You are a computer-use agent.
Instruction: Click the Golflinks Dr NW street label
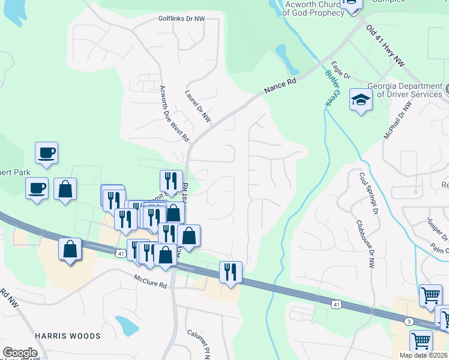coord(181,19)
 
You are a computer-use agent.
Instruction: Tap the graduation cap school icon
coord(361,100)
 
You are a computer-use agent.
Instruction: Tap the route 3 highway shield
coord(409,322)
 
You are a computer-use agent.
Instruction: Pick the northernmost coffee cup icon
coord(46,152)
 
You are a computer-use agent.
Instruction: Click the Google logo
coord(20,353)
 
